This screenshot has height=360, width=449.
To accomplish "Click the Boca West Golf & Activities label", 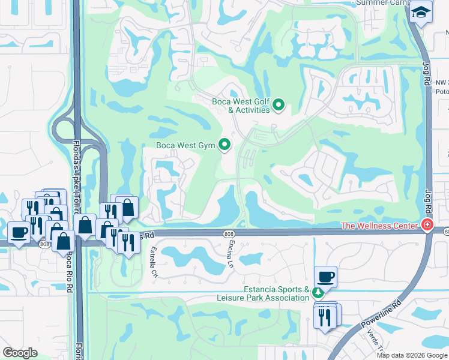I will pyautogui.click(x=241, y=106).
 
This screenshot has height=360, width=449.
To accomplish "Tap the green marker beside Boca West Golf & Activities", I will pyautogui.click(x=278, y=106).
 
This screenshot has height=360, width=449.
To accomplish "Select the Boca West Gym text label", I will pyautogui.click(x=185, y=145).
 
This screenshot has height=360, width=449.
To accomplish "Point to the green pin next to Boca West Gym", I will pyautogui.click(x=224, y=144).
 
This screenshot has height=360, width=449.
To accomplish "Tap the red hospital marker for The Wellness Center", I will pyautogui.click(x=427, y=226).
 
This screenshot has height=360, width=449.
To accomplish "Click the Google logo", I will pyautogui.click(x=20, y=352).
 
